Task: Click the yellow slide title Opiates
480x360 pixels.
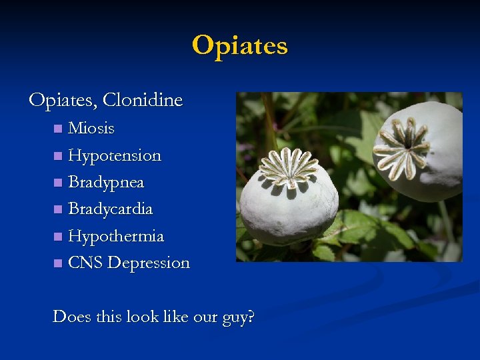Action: click(240, 46)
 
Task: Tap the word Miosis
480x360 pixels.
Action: click(91, 128)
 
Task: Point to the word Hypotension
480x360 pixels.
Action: click(115, 155)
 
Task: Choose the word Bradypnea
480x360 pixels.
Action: click(106, 182)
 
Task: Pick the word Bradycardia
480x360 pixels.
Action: click(110, 209)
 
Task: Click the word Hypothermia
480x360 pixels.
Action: click(116, 236)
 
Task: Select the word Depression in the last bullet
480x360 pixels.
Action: click(149, 263)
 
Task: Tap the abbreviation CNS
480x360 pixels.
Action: click(85, 263)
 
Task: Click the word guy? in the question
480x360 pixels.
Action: click(238, 317)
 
